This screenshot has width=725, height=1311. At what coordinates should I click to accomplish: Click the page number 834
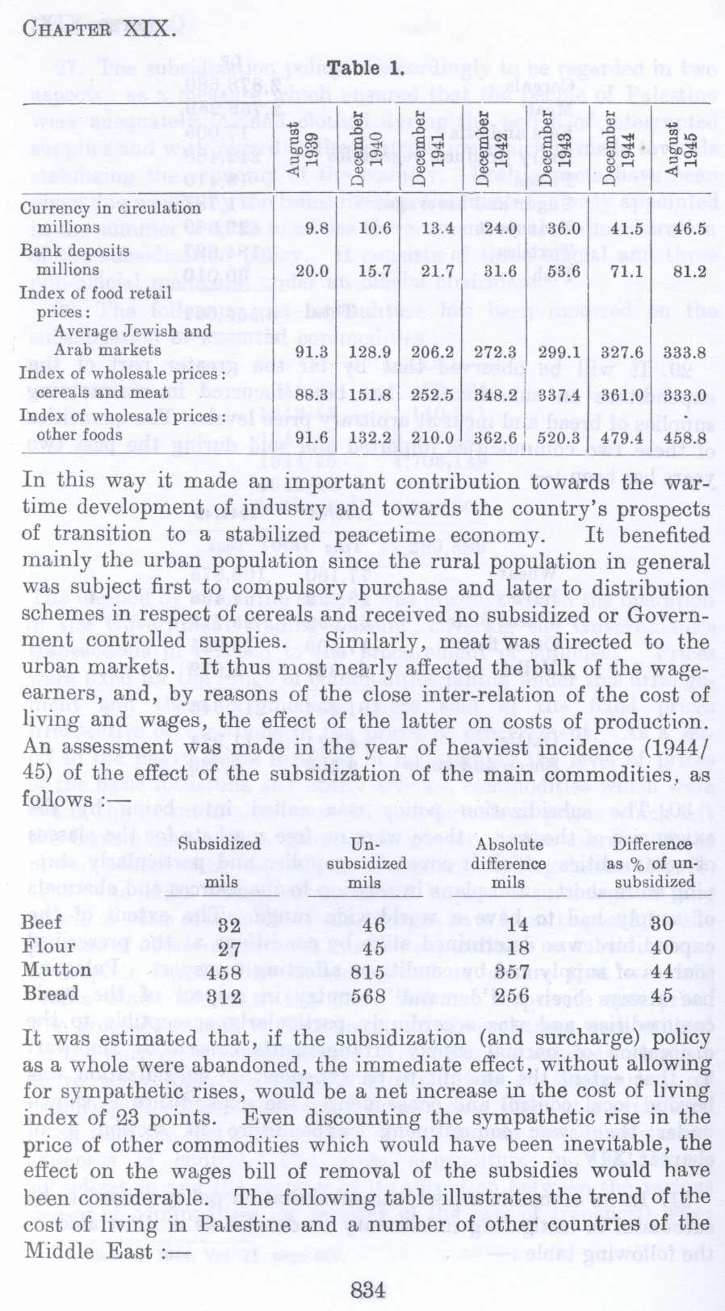pos(367,1289)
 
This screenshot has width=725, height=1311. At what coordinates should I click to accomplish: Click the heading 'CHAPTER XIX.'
pos(98,30)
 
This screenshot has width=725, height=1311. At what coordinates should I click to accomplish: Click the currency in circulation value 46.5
pos(689,228)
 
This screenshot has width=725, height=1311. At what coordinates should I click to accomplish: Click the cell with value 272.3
pos(494,352)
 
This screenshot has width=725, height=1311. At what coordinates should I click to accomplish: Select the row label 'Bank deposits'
pos(74,251)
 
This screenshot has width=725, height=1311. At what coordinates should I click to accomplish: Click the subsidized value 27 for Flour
pos(228,948)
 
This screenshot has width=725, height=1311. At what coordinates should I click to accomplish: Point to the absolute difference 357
pos(509,973)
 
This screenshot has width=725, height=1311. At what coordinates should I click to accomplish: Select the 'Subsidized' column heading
pos(219,844)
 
